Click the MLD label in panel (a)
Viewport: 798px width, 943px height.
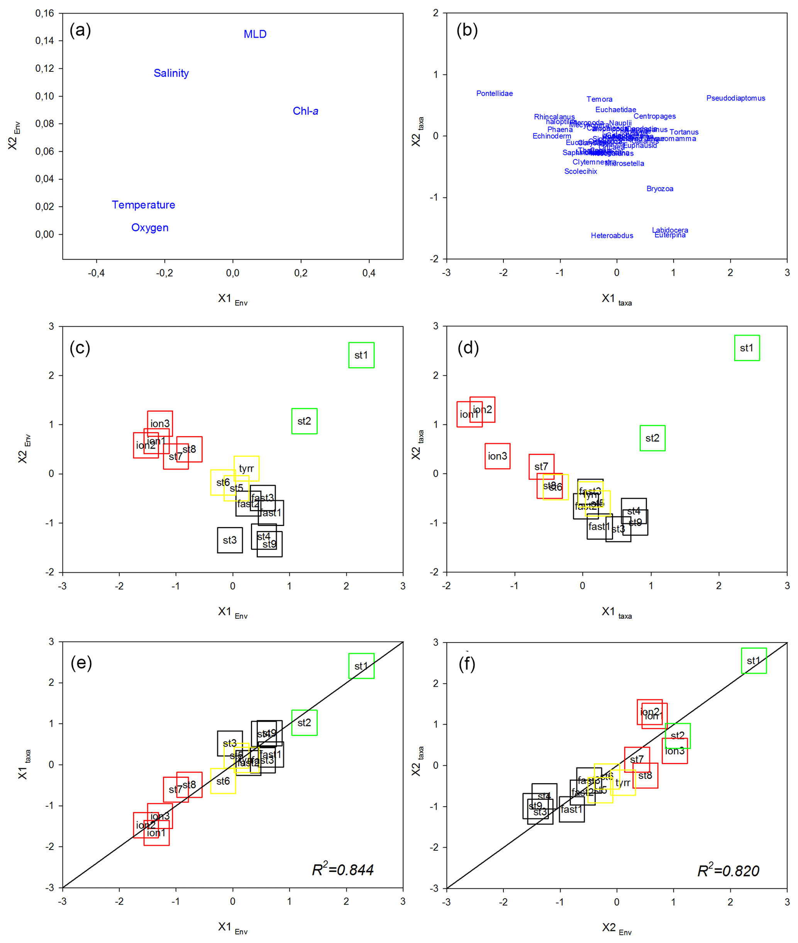[255, 34]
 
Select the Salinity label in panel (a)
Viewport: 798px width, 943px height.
[171, 73]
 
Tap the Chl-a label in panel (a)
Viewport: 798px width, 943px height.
[305, 111]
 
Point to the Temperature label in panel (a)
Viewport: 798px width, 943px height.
[143, 205]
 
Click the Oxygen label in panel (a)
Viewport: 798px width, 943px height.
[150, 227]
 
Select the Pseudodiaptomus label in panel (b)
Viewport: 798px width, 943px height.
[735, 98]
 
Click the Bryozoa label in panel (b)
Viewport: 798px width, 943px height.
[659, 189]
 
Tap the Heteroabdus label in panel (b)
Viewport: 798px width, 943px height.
[612, 236]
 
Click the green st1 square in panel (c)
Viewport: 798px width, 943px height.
[361, 355]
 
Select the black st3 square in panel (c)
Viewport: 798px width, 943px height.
[230, 540]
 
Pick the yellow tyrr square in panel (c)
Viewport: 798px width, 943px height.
[247, 468]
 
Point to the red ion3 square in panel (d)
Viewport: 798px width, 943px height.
[498, 456]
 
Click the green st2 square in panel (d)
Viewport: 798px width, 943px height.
[652, 438]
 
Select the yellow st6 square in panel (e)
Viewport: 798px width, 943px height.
[223, 781]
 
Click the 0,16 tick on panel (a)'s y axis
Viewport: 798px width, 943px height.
[45, 14]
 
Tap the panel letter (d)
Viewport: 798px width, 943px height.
[468, 348]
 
